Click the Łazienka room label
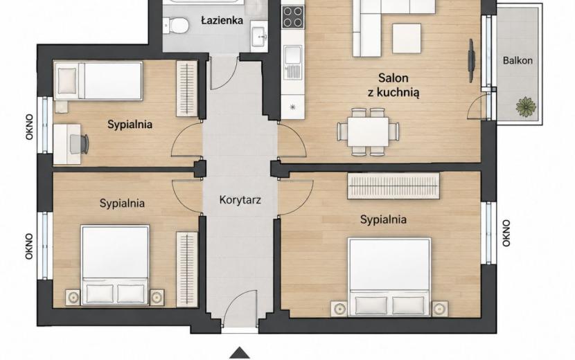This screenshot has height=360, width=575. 222,20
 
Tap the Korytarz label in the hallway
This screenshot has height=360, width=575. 240,200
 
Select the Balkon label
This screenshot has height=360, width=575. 517,60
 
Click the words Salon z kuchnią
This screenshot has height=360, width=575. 393,85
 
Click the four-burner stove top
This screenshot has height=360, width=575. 293,17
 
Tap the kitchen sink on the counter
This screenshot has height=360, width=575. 292,62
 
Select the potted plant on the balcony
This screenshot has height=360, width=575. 526,107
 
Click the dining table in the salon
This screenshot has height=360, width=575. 368,132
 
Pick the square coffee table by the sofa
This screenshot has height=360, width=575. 407,39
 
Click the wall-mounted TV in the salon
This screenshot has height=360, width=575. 472,60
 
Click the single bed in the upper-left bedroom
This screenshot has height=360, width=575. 98,80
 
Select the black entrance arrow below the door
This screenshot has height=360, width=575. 240,352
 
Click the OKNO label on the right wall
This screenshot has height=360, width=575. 506,233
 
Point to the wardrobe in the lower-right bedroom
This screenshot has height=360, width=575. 393,186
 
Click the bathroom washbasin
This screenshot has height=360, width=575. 260,37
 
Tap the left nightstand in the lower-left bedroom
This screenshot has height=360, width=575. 73,297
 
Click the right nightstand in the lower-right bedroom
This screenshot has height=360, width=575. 440,309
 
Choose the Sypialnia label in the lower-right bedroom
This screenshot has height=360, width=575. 383,219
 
